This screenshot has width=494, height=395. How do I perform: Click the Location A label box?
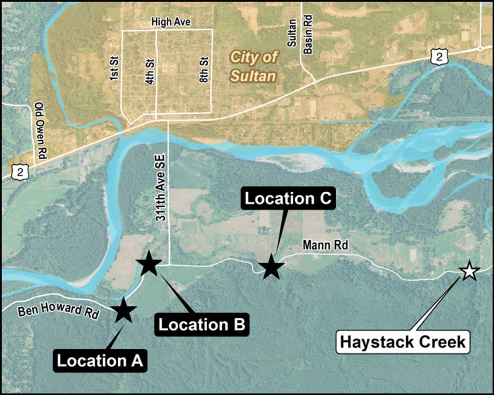[100, 360]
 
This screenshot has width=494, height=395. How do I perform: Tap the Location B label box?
[203, 324]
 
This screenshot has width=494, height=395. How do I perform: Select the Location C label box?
[288, 198]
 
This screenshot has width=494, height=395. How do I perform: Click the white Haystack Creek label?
[403, 342]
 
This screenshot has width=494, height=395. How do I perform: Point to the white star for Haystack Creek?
[468, 271]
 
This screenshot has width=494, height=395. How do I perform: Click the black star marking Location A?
[123, 311]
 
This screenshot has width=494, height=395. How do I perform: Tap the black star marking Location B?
[149, 263]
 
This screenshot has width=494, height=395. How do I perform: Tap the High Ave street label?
[171, 22]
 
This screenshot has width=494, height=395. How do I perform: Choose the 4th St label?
[150, 72]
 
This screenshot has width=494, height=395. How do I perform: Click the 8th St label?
[205, 70]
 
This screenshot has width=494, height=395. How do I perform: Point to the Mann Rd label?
[318, 245]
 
